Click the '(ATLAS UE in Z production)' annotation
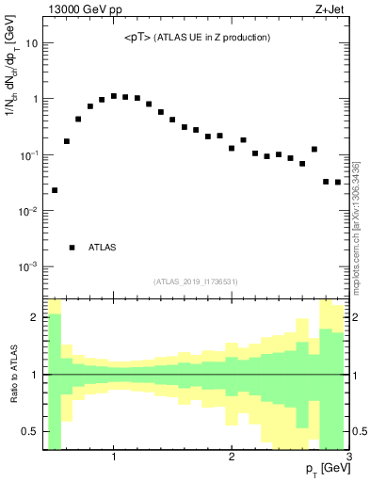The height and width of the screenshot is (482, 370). [214, 38]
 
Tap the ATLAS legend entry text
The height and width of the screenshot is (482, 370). [103, 248]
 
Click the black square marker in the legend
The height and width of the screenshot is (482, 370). [72, 248]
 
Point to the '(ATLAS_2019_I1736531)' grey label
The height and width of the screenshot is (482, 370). [196, 281]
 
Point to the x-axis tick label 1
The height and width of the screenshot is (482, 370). [114, 458]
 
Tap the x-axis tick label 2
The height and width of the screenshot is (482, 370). [232, 458]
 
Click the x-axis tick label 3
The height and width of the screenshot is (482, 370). [348, 458]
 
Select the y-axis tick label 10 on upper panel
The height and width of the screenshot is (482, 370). [30, 43]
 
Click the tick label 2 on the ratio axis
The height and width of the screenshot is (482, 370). [35, 317]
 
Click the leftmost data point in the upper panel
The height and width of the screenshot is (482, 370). [55, 190]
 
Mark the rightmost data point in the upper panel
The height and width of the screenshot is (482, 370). [338, 182]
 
